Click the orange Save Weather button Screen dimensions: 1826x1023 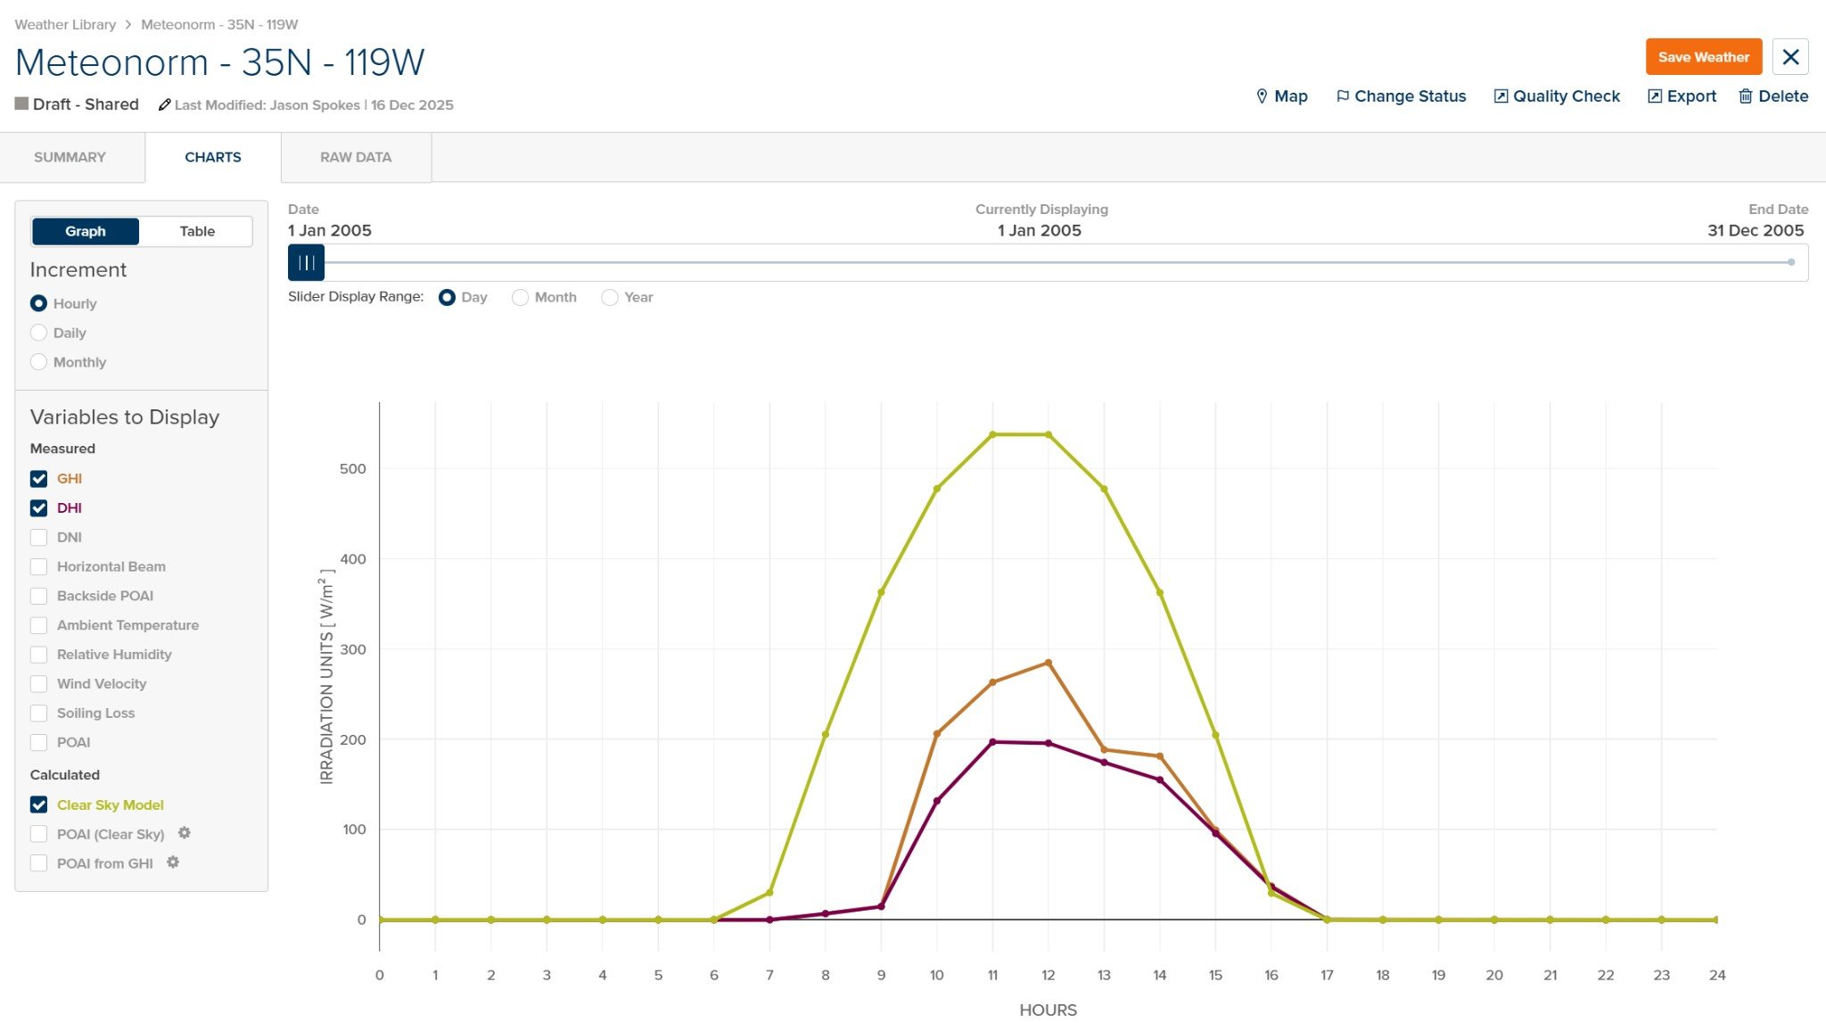[x=1703, y=57]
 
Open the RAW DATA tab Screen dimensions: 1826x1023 [x=356, y=157]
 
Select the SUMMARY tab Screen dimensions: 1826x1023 [x=70, y=157]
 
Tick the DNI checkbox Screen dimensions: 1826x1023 [x=38, y=537]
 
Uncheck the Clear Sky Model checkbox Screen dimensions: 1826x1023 [x=38, y=804]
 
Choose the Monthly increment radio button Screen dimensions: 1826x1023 [x=38, y=362]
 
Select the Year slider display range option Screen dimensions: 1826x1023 [x=610, y=297]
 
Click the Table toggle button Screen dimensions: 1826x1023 [x=197, y=231]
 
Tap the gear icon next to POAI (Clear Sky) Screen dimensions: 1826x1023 [x=185, y=833]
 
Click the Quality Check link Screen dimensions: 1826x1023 [x=1557, y=96]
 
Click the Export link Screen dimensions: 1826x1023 [x=1682, y=96]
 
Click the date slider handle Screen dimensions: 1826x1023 [x=306, y=262]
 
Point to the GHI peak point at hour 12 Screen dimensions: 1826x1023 [x=1048, y=663]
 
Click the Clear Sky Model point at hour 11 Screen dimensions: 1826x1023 [x=992, y=434]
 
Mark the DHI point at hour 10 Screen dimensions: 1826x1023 [x=937, y=801]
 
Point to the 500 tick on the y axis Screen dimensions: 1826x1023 [x=353, y=469]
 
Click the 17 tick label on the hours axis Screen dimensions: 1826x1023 [x=1327, y=975]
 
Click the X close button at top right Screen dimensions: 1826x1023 [x=1790, y=57]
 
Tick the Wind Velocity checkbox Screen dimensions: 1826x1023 [x=38, y=684]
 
